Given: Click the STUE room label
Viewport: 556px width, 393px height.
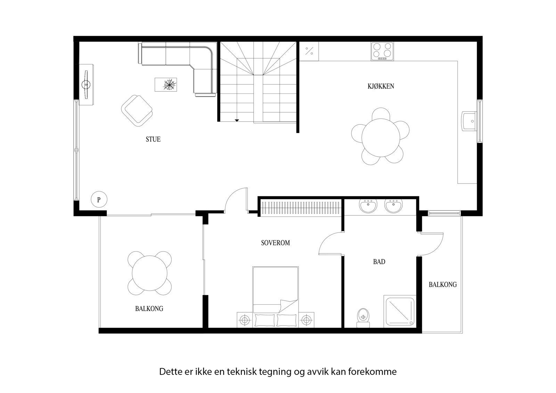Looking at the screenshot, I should (153, 139).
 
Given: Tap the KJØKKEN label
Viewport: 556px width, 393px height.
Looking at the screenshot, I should (381, 86).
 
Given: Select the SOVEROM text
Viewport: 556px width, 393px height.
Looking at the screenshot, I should (275, 243).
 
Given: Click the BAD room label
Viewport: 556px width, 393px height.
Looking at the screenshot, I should (379, 262).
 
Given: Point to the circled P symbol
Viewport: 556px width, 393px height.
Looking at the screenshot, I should (99, 200).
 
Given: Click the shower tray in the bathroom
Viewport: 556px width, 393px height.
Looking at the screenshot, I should (399, 311).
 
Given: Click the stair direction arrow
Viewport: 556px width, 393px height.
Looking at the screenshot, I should (237, 120).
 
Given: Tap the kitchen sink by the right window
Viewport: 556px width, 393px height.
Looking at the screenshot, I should (469, 121).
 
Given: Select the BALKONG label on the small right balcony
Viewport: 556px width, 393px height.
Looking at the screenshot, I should (442, 285).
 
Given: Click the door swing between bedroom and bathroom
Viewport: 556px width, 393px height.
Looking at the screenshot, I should (330, 243).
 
